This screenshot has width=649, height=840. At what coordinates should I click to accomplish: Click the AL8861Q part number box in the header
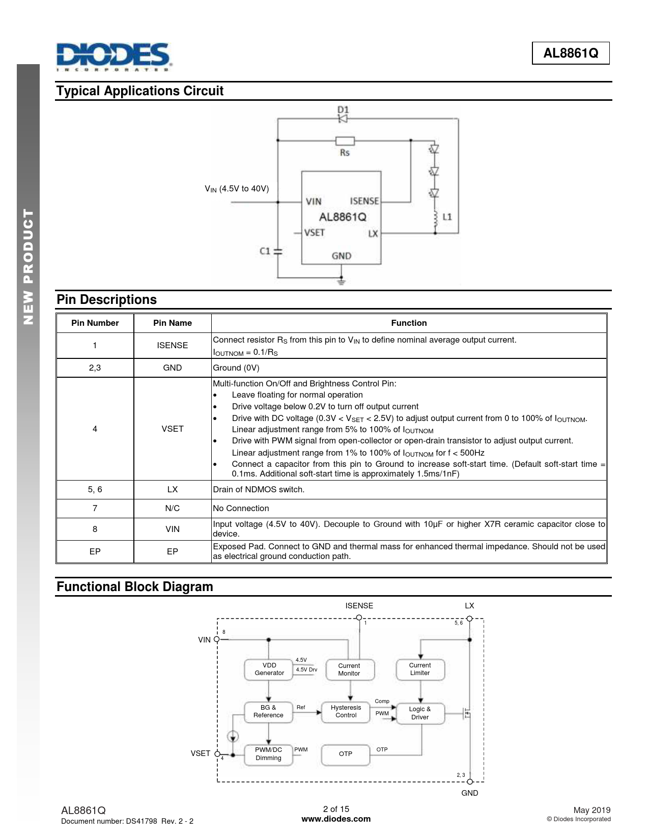tap(571, 53)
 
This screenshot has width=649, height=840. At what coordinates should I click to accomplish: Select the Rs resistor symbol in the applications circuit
tap(345, 141)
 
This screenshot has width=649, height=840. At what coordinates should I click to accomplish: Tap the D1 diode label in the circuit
tap(343, 109)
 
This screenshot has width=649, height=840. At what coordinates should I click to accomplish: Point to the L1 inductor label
tap(447, 217)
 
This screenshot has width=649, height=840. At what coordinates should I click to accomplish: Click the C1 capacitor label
tap(265, 251)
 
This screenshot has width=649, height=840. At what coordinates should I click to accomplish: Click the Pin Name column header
tap(172, 323)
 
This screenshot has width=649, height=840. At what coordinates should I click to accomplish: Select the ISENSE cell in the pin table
tap(172, 345)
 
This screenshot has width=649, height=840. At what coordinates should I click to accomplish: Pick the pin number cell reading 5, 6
tap(95, 489)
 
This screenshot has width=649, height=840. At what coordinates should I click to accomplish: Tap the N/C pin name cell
tap(172, 508)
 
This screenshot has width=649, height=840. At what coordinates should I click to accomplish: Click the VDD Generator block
tap(269, 669)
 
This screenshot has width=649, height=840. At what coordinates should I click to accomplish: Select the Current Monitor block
tap(349, 669)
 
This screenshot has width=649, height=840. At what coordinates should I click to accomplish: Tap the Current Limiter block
tap(420, 669)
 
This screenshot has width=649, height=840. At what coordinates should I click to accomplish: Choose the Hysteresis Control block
tap(346, 711)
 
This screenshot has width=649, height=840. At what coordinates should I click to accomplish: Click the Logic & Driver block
tap(420, 713)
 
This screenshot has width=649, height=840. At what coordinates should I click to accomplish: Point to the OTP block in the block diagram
tap(346, 753)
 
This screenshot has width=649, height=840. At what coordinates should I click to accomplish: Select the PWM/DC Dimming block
tap(268, 753)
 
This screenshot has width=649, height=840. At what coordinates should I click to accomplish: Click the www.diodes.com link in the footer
tap(336, 819)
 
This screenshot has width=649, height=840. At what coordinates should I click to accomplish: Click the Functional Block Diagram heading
tap(135, 586)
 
